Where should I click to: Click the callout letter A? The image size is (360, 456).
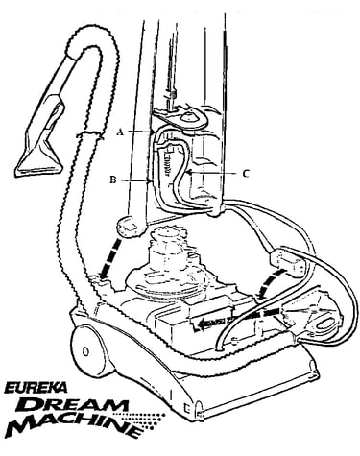coord(120,132)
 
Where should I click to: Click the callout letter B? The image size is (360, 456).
coord(113,180)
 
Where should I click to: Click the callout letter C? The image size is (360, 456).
coord(245,174)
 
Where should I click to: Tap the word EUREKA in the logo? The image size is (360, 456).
coord(36,388)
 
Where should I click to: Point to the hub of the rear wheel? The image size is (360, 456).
coord(85,351)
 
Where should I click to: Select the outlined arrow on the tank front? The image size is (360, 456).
coord(211,324)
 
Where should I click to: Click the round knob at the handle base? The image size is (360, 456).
coord(130,227)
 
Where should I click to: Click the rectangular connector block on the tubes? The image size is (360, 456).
coord(287,260)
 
